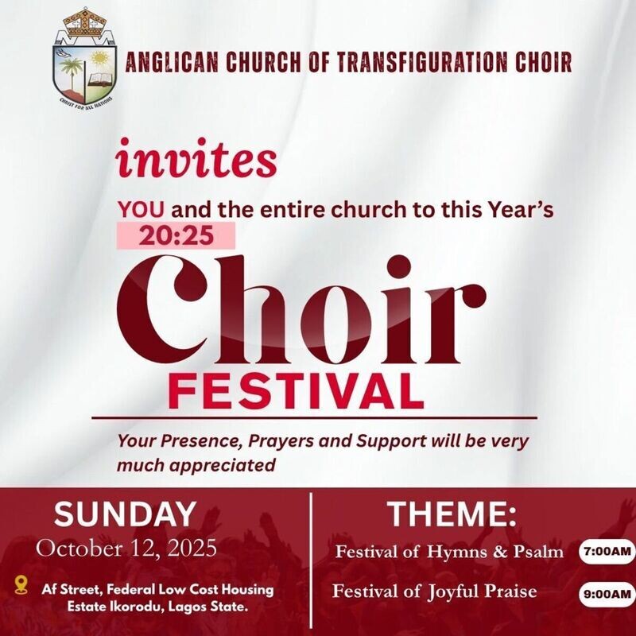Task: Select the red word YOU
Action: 142,211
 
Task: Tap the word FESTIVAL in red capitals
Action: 295,391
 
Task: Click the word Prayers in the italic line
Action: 274,440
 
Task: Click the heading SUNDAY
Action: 125,514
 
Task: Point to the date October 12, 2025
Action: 126,549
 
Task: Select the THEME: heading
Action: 452,514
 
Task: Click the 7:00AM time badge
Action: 607,551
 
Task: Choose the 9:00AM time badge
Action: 607,592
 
